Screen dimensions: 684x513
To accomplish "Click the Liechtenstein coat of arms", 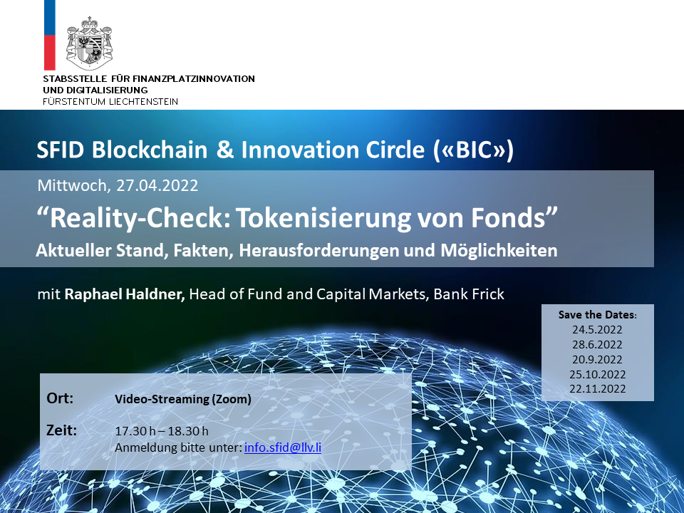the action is [x=89, y=43].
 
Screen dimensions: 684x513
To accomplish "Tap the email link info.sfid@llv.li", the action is [x=283, y=447].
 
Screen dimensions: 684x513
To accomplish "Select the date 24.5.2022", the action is [x=597, y=330].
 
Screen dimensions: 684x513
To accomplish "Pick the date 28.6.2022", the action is [x=597, y=345].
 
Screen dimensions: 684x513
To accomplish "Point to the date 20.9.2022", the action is [x=597, y=359].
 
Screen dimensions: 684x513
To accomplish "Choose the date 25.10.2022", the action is [x=597, y=374].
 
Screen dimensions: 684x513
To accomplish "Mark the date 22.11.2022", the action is [x=597, y=389].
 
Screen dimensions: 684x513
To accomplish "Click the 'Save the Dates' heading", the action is [x=597, y=314].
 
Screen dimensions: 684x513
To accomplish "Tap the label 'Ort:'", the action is [x=60, y=398].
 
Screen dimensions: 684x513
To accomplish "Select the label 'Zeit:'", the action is [x=61, y=430].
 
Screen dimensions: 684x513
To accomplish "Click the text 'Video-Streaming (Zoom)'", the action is [x=183, y=399].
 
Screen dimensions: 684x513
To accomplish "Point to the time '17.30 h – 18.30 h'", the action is [x=162, y=431].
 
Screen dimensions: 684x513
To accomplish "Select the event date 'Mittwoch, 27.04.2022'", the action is [x=118, y=185].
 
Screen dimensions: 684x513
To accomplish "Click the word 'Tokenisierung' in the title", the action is [x=323, y=218].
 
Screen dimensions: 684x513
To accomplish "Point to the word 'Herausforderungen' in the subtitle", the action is [x=319, y=250].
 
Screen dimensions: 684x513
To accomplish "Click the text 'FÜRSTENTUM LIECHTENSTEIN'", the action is [x=110, y=102].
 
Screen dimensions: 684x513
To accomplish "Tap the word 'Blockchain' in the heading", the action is [x=150, y=150].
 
